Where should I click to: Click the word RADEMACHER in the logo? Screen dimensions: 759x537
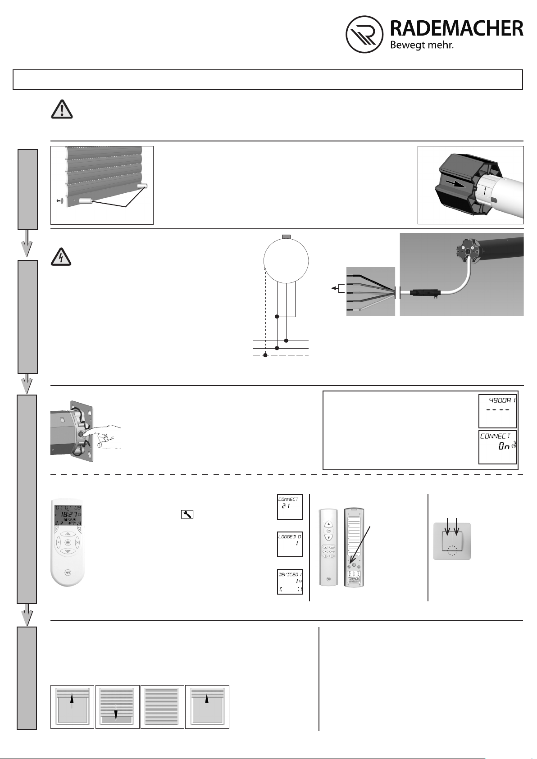tap(456, 28)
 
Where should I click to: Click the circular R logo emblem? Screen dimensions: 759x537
tap(364, 35)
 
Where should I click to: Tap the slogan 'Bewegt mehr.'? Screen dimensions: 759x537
tap(421, 45)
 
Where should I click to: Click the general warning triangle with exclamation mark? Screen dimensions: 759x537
tap(62, 109)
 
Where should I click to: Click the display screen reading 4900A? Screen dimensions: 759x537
tap(497, 409)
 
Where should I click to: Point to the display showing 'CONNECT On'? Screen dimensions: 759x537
tap(497, 447)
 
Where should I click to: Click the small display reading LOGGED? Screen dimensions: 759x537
tap(290, 544)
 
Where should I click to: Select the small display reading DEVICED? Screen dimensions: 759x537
tap(290, 582)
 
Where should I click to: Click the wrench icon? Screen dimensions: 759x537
tap(187, 514)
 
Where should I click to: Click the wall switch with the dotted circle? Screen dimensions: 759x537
tap(452, 541)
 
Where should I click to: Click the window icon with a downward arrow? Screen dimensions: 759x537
tap(117, 707)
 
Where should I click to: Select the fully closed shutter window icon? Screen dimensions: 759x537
tap(162, 707)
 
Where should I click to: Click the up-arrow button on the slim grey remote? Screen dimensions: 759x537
tap(328, 524)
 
